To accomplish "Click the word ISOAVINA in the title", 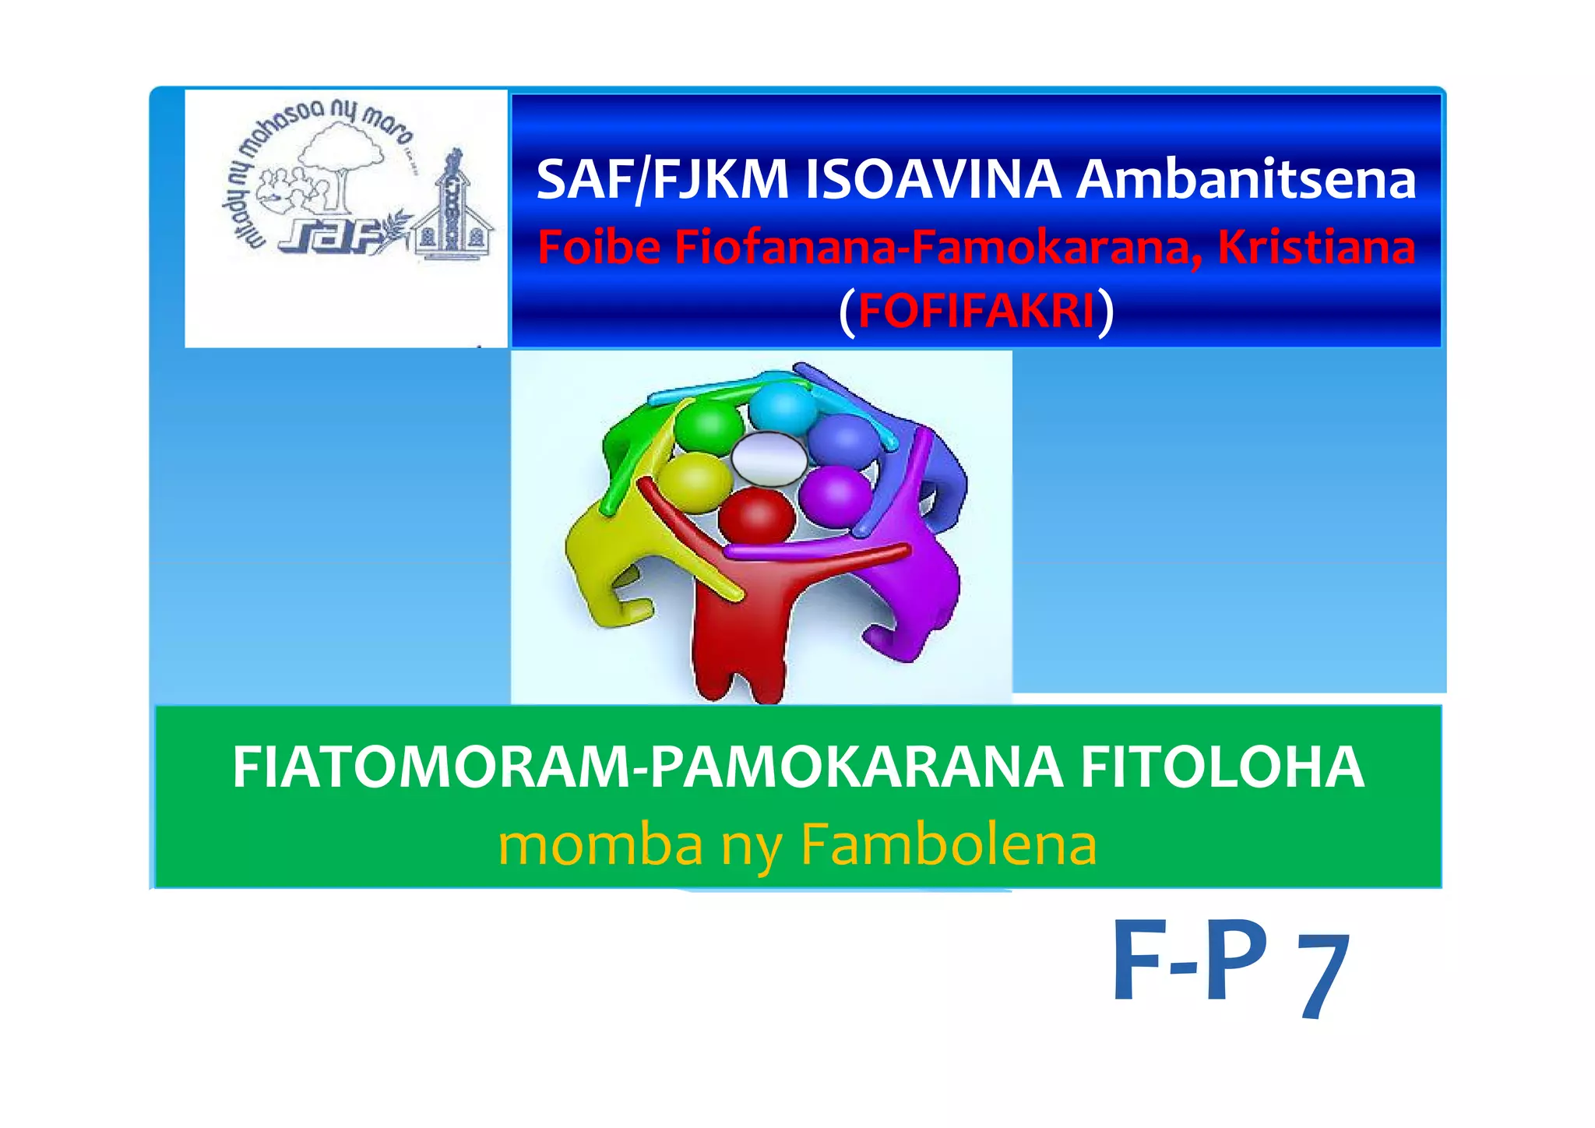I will click(932, 180).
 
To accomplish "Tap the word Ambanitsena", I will click(1245, 180).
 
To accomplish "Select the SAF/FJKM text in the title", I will click(663, 180).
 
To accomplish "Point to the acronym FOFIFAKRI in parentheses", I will click(977, 310).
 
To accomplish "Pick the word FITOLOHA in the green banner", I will click(1222, 767).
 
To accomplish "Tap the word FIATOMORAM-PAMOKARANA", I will click(647, 767).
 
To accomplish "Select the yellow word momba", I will click(600, 844).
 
